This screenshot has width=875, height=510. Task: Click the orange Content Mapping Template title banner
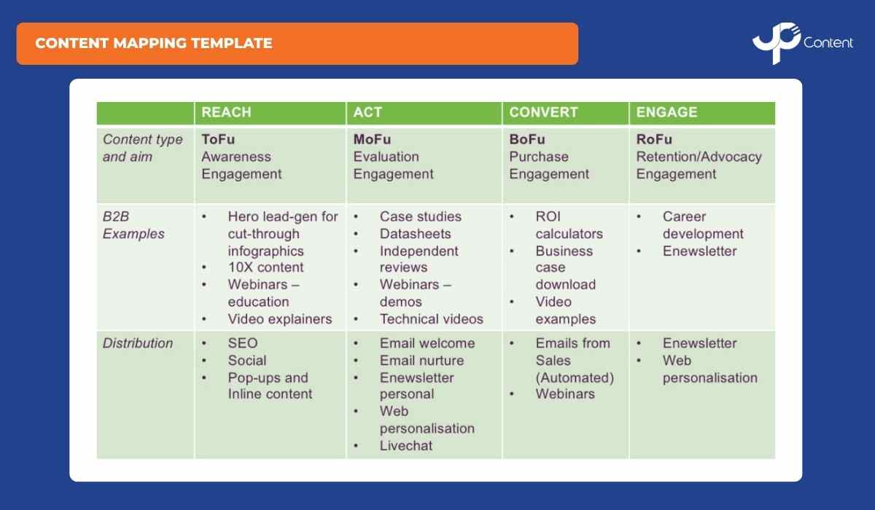pyautogui.click(x=297, y=44)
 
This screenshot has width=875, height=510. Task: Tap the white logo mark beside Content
pyautogui.click(x=776, y=44)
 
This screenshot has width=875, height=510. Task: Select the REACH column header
pyautogui.click(x=226, y=113)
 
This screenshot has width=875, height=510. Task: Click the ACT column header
pyautogui.click(x=367, y=113)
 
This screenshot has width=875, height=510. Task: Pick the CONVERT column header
pyautogui.click(x=543, y=113)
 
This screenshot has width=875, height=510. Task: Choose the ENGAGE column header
pyautogui.click(x=666, y=113)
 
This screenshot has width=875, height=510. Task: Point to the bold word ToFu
pyautogui.click(x=218, y=139)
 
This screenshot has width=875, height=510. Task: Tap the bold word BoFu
pyautogui.click(x=527, y=139)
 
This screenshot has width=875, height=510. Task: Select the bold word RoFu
pyautogui.click(x=654, y=139)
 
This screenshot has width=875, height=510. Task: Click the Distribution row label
pyautogui.click(x=138, y=343)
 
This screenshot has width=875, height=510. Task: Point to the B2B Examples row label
pyautogui.click(x=133, y=225)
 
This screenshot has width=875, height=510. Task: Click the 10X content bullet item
pyautogui.click(x=265, y=267)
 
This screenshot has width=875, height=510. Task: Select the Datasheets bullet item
pyautogui.click(x=415, y=234)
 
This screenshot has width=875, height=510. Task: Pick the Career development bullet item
pyautogui.click(x=702, y=225)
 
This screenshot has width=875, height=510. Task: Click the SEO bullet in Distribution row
pyautogui.click(x=242, y=343)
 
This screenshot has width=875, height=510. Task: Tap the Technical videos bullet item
pyautogui.click(x=431, y=319)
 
